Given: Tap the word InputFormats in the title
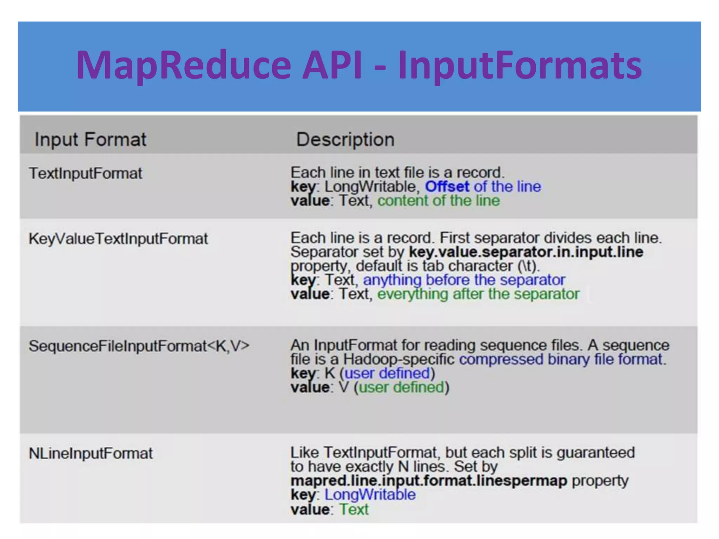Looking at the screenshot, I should click(x=520, y=65).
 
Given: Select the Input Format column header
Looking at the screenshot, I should click(x=90, y=139).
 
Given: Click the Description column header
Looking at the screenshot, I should click(x=345, y=139).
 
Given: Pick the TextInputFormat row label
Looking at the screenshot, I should click(x=85, y=173).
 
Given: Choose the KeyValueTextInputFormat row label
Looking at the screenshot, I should click(x=118, y=239).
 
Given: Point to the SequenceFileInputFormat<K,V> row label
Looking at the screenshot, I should click(x=139, y=346).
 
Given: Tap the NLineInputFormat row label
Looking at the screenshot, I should click(x=91, y=453).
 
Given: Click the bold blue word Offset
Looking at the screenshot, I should click(x=447, y=186).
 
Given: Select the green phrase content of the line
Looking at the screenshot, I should click(x=438, y=201).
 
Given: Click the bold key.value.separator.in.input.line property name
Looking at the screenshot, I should click(x=526, y=252).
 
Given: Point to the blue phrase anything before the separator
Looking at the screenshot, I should click(x=464, y=280).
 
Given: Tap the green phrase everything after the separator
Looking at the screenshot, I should click(x=478, y=294).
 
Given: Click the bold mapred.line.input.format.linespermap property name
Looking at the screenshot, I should click(x=429, y=480).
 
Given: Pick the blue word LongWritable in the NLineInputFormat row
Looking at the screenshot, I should click(x=370, y=495).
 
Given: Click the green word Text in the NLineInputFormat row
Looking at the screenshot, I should click(x=354, y=509).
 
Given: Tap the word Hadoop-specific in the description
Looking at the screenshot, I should click(x=399, y=359).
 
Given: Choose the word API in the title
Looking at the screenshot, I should click(x=332, y=65).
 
